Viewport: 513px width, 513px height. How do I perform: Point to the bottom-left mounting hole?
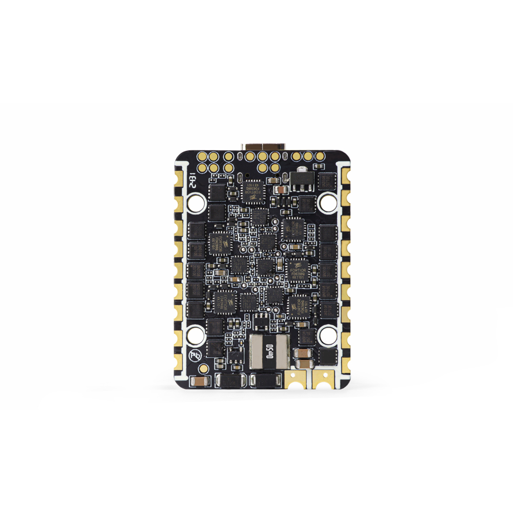[x=195, y=336]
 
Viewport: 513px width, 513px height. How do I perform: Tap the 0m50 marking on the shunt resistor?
[x=268, y=351]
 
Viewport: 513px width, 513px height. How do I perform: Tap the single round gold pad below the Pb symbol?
[x=204, y=368]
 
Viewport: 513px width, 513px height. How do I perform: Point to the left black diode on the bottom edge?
[x=229, y=380]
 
